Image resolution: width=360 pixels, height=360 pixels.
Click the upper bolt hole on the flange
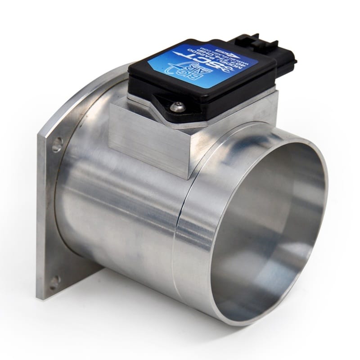[x=57, y=145]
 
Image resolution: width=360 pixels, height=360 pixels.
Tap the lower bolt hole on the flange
[x=54, y=282]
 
